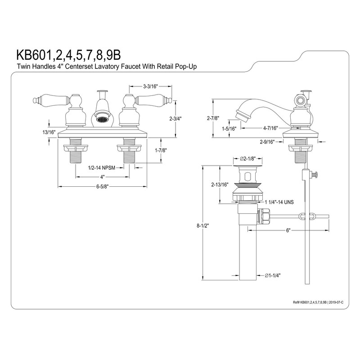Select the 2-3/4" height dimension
176,119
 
